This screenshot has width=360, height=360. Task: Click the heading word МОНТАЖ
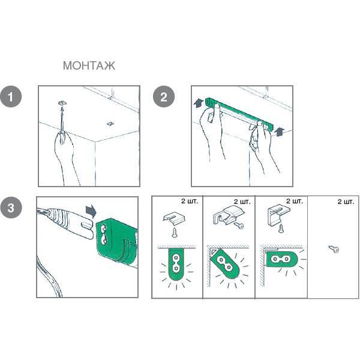[89, 65]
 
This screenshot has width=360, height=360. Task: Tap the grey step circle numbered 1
[11, 97]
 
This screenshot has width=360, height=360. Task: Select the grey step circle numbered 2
[164, 97]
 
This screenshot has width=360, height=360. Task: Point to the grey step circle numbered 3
[11, 208]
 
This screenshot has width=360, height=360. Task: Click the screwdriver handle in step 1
[62, 137]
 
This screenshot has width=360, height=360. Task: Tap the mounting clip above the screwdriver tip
[62, 103]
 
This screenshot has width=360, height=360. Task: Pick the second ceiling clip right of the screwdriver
[110, 124]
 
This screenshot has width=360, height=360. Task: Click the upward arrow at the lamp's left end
[198, 103]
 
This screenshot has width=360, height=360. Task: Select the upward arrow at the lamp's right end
[279, 132]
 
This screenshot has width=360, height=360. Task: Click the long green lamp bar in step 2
[239, 113]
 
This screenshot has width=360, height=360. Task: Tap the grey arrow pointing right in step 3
[91, 211]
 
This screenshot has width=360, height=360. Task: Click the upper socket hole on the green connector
[103, 229]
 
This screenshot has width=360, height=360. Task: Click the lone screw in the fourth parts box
[334, 249]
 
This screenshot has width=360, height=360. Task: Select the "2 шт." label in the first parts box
[190, 201]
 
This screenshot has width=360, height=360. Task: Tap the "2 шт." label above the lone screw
[346, 202]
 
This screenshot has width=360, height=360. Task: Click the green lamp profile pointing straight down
[176, 265]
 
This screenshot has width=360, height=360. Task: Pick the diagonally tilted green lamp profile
[225, 263]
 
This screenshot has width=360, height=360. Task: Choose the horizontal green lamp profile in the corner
[282, 259]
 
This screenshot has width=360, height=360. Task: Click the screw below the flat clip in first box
[175, 232]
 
